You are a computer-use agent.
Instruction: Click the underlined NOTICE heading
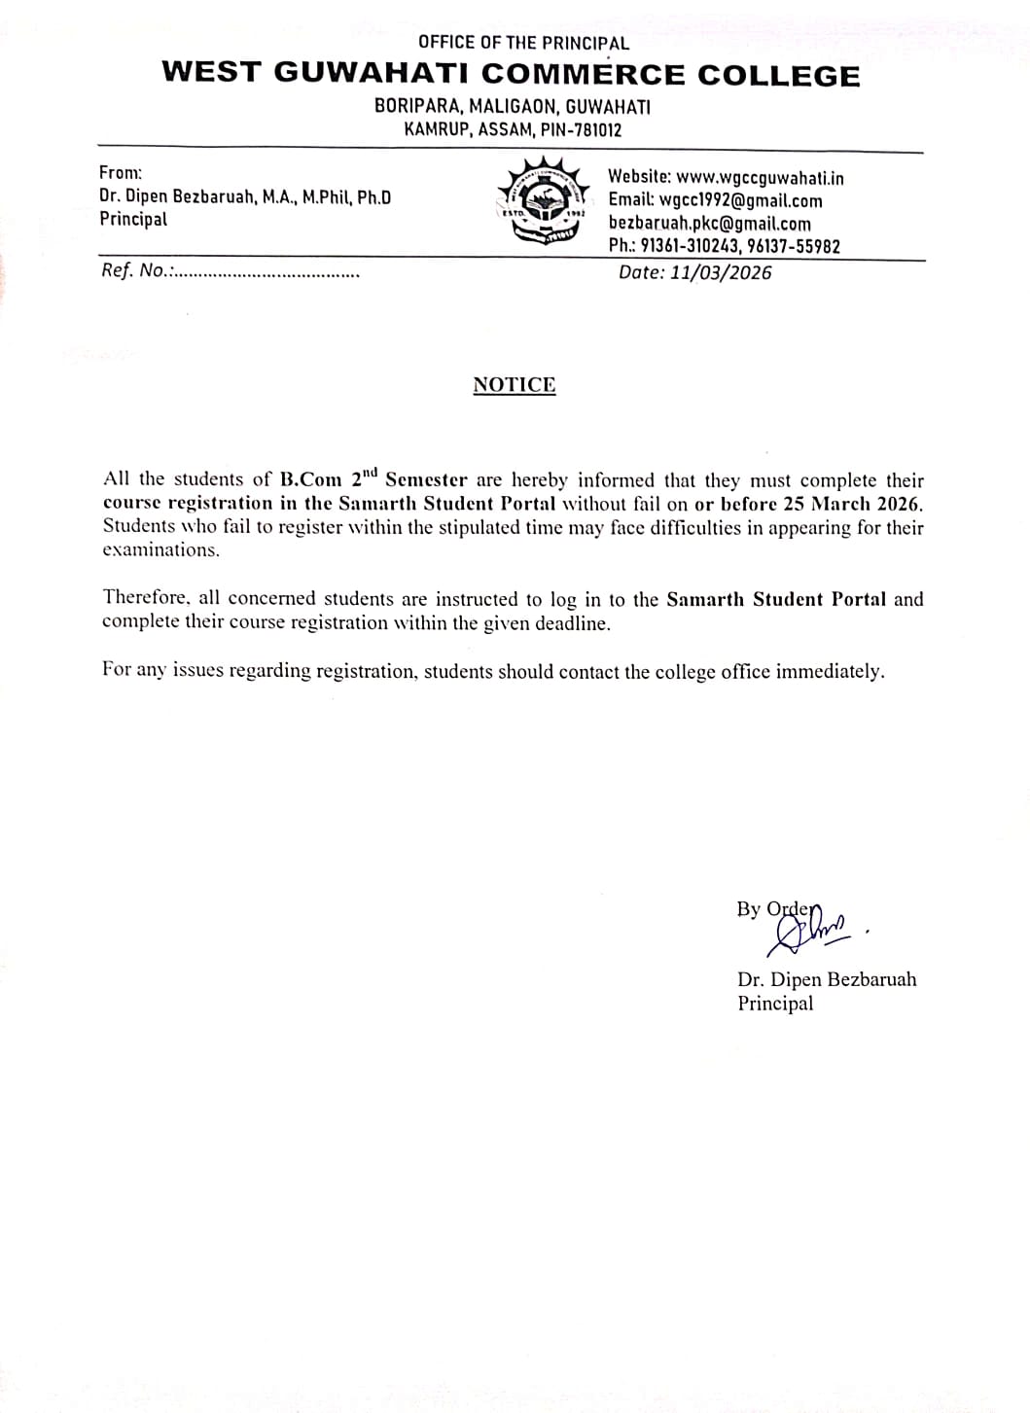click(x=515, y=385)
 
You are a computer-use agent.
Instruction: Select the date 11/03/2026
click(x=721, y=273)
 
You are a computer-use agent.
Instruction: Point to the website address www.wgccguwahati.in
click(x=760, y=178)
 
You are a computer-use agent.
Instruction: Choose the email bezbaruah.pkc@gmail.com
click(x=709, y=224)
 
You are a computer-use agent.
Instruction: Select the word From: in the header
click(x=121, y=173)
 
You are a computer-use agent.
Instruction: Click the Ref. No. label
click(x=136, y=271)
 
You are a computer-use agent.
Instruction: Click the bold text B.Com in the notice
click(x=310, y=480)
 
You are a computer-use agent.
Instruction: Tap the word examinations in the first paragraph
click(x=160, y=550)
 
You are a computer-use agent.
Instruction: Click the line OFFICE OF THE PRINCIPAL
click(x=523, y=43)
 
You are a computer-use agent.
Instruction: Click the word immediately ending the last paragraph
click(x=830, y=672)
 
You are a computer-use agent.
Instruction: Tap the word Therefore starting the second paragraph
click(x=146, y=599)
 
